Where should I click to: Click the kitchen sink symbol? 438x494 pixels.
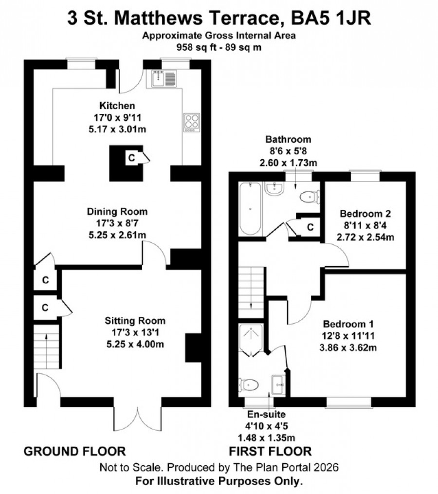click(x=164, y=78)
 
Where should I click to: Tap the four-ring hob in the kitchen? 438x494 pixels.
click(x=192, y=123)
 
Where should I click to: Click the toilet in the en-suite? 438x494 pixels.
click(x=249, y=384)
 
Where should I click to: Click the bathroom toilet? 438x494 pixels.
click(x=310, y=198)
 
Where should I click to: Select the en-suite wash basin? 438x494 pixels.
click(x=278, y=384)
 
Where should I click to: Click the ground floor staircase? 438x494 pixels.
click(x=47, y=347)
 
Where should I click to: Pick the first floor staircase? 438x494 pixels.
click(x=251, y=293)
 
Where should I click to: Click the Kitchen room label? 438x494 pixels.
click(x=117, y=106)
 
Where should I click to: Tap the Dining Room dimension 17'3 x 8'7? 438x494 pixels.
click(x=117, y=223)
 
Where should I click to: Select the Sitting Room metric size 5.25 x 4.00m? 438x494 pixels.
click(x=135, y=345)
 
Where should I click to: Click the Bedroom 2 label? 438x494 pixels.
click(x=365, y=214)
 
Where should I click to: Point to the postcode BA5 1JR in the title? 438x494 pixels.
click(x=330, y=18)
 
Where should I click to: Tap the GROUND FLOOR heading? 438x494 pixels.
click(x=74, y=451)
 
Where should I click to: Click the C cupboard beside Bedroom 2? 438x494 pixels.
click(x=310, y=227)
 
